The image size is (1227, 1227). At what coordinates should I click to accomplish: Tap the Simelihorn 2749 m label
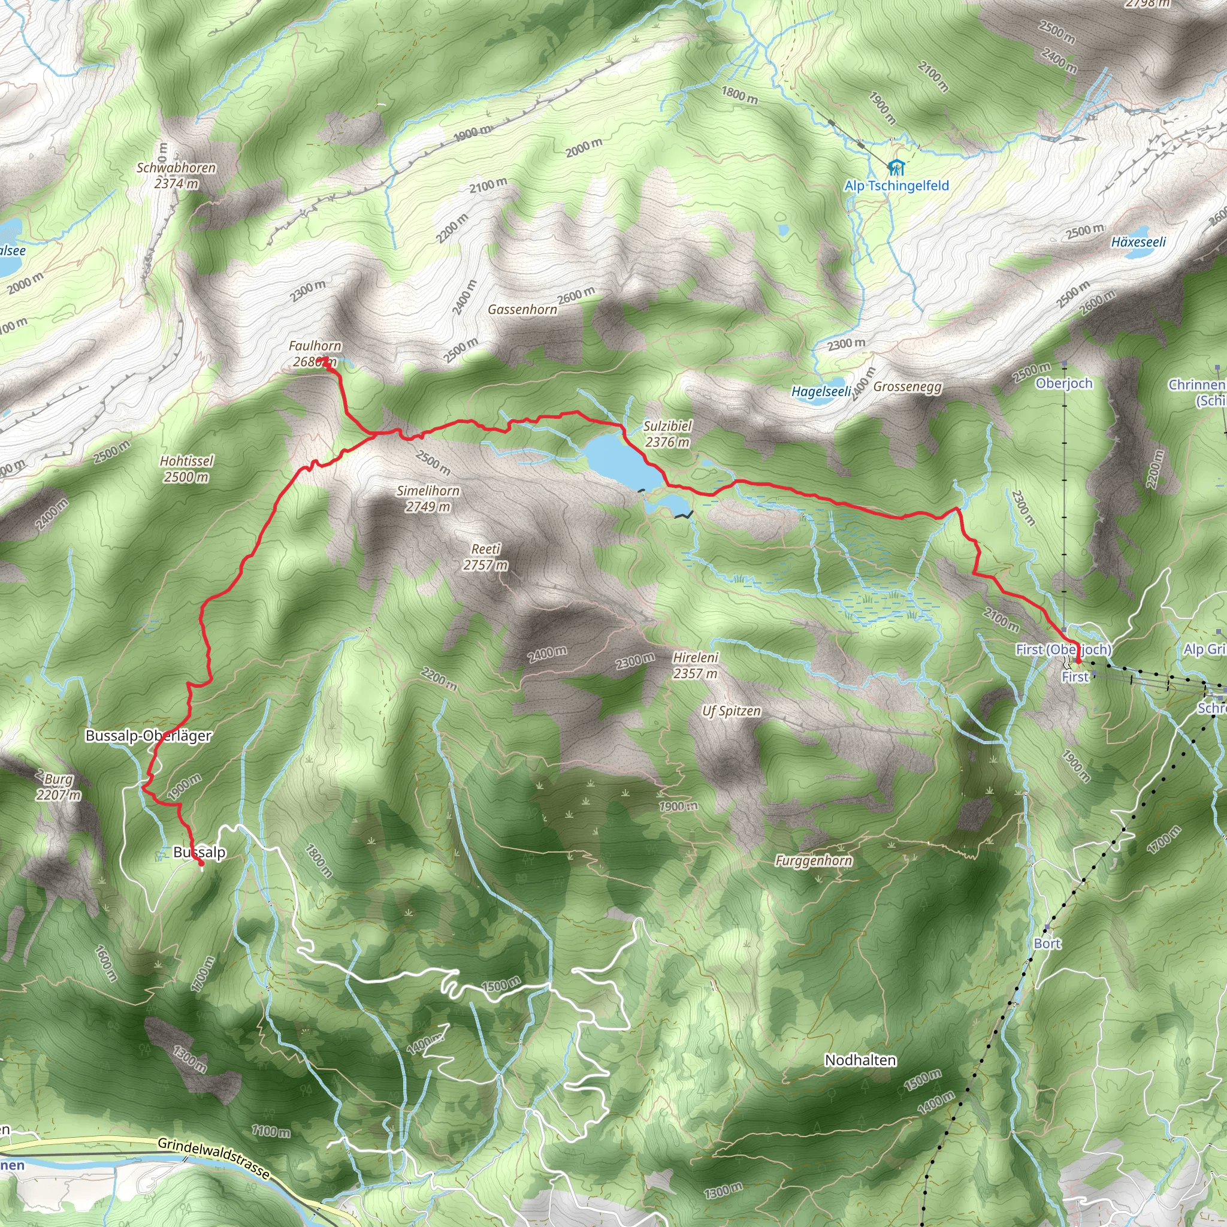427,498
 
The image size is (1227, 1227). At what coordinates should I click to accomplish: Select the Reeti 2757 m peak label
485,557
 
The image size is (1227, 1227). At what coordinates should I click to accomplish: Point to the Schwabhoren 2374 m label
176,176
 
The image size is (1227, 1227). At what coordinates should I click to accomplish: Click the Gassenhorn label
522,309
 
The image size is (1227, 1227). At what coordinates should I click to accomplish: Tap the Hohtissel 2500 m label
186,469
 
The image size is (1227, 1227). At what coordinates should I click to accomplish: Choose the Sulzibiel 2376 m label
667,434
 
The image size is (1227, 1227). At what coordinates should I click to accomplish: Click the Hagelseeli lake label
821,391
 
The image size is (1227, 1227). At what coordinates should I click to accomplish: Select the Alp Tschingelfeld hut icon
896,168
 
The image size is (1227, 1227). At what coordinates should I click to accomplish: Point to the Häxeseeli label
1139,242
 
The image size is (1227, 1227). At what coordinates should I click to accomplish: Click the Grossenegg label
907,387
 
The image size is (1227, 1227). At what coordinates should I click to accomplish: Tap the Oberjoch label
1064,383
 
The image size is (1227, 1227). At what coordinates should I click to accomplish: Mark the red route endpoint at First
1078,662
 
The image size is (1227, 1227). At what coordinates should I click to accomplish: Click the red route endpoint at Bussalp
201,863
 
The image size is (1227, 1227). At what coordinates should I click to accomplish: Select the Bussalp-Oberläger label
149,736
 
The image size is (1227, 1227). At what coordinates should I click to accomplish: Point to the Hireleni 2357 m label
696,665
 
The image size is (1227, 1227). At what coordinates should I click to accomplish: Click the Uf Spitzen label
731,711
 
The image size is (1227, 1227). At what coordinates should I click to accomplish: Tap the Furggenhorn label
814,860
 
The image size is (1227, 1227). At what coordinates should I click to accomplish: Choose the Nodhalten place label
860,1060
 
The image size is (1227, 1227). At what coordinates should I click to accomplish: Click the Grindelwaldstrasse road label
213,1159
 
